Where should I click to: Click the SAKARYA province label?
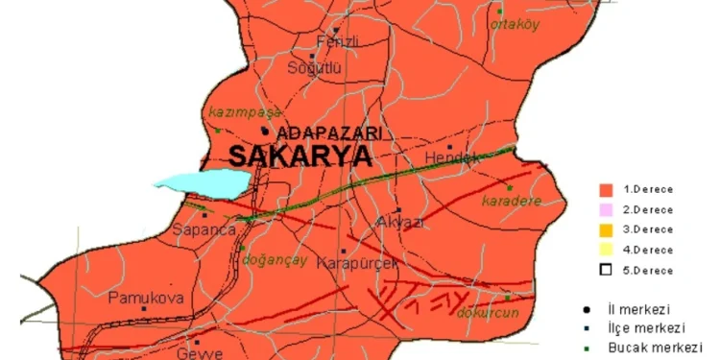(x=300, y=157)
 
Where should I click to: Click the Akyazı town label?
(x=402, y=222)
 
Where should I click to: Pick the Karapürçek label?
(x=356, y=262)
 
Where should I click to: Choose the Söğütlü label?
(x=316, y=68)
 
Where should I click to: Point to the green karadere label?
(x=513, y=202)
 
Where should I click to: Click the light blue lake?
(x=202, y=181)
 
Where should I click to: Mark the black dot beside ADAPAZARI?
(x=265, y=132)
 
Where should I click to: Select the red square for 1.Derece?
(x=606, y=190)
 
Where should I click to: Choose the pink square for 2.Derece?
(x=606, y=209)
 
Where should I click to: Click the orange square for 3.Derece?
(x=606, y=229)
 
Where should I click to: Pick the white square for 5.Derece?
(x=606, y=270)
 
